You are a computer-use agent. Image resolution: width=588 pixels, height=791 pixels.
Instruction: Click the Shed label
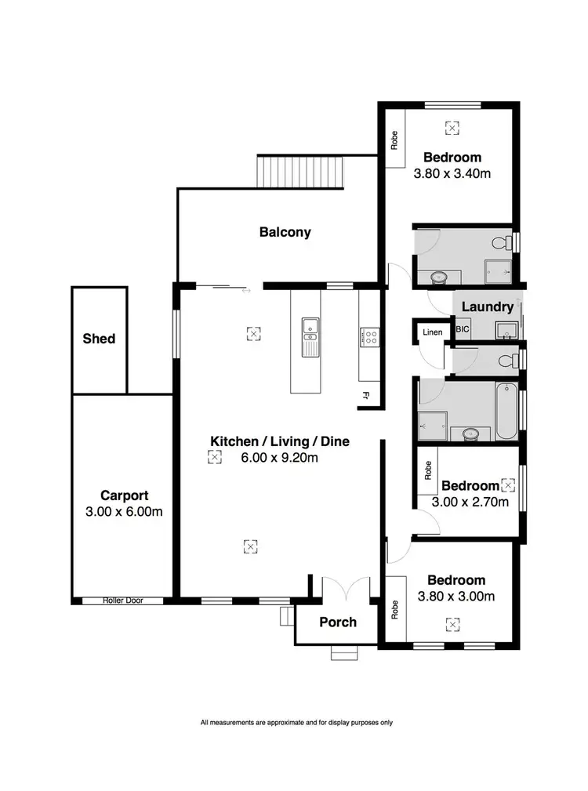[99, 339]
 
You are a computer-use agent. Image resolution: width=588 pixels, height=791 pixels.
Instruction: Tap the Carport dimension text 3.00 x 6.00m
[125, 512]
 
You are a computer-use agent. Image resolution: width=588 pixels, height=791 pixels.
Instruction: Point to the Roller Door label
[122, 601]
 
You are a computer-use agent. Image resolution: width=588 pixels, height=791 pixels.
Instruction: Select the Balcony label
[285, 232]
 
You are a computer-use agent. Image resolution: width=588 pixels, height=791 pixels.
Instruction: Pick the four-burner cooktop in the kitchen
[369, 337]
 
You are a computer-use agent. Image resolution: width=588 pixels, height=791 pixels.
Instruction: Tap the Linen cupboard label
[433, 332]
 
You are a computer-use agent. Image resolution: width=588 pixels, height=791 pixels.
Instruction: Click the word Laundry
[487, 307]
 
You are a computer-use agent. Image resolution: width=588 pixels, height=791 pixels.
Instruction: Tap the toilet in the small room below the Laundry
[510, 360]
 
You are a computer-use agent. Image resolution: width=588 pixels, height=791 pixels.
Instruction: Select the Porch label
[338, 622]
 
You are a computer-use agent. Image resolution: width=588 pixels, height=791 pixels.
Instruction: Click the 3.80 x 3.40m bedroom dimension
[452, 173]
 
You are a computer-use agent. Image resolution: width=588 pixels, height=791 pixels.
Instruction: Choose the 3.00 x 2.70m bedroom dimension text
[470, 502]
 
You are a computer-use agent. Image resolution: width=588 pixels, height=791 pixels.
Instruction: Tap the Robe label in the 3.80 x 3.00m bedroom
[395, 609]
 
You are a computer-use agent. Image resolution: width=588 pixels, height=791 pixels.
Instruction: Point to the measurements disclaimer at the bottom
[296, 722]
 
